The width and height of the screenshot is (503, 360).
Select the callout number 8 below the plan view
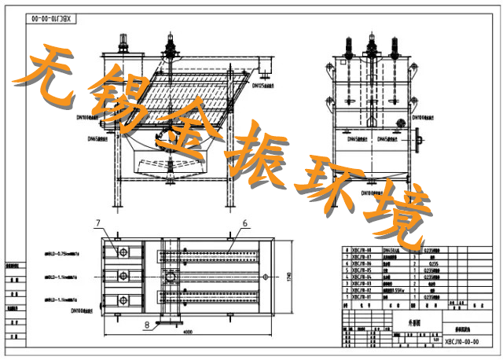pos(146,323)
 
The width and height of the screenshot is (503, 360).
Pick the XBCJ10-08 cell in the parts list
pos(359,249)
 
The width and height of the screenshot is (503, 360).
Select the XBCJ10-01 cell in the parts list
pos(359,298)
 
